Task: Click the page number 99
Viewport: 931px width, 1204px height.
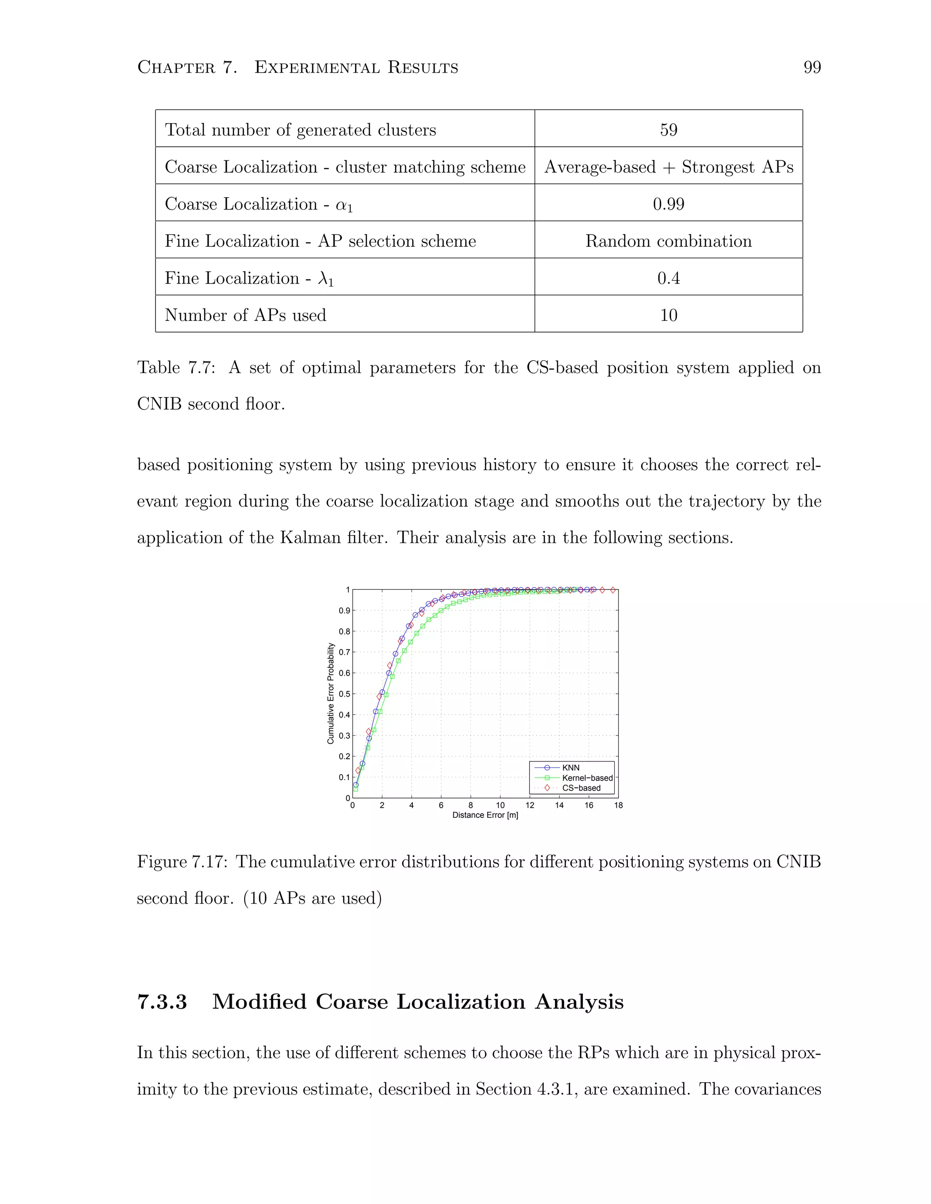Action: pos(812,67)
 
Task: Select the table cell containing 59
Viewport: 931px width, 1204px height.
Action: pos(668,129)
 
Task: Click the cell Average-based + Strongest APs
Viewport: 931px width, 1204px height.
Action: pos(668,166)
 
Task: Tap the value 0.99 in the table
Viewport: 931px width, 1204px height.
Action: pos(668,204)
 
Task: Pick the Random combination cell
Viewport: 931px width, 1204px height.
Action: pos(668,241)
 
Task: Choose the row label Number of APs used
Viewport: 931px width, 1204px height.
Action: pos(245,315)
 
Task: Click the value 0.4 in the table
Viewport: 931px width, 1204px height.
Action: pos(668,278)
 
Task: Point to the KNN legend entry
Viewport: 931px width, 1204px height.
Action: pos(571,767)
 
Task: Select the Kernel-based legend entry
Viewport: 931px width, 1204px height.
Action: pos(587,778)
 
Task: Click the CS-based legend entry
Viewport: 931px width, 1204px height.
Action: pos(581,788)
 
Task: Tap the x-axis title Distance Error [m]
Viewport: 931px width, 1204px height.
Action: pos(485,815)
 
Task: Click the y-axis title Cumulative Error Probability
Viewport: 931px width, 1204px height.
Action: pos(331,693)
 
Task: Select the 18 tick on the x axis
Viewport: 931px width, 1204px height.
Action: pos(618,806)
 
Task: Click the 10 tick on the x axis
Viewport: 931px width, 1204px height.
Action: pos(500,806)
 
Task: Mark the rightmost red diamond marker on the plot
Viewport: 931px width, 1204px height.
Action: pos(612,590)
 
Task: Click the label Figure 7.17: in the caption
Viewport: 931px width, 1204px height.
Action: pos(182,861)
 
